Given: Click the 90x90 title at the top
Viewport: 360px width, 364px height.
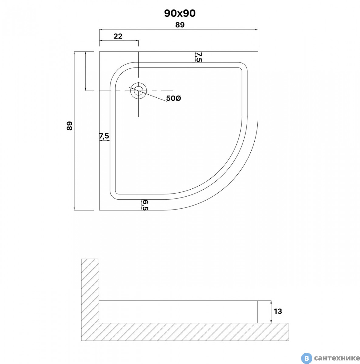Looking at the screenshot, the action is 180,13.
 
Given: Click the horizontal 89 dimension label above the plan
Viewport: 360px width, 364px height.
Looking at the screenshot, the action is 180,25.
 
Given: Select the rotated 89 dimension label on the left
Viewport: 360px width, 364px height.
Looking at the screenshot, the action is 70,126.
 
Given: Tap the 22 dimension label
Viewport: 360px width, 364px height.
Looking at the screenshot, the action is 118,36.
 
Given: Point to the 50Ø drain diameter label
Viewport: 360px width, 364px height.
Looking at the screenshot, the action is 174,98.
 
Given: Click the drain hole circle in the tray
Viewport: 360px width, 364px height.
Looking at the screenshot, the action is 139,91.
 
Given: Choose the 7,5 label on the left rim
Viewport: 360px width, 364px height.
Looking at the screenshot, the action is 104,136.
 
